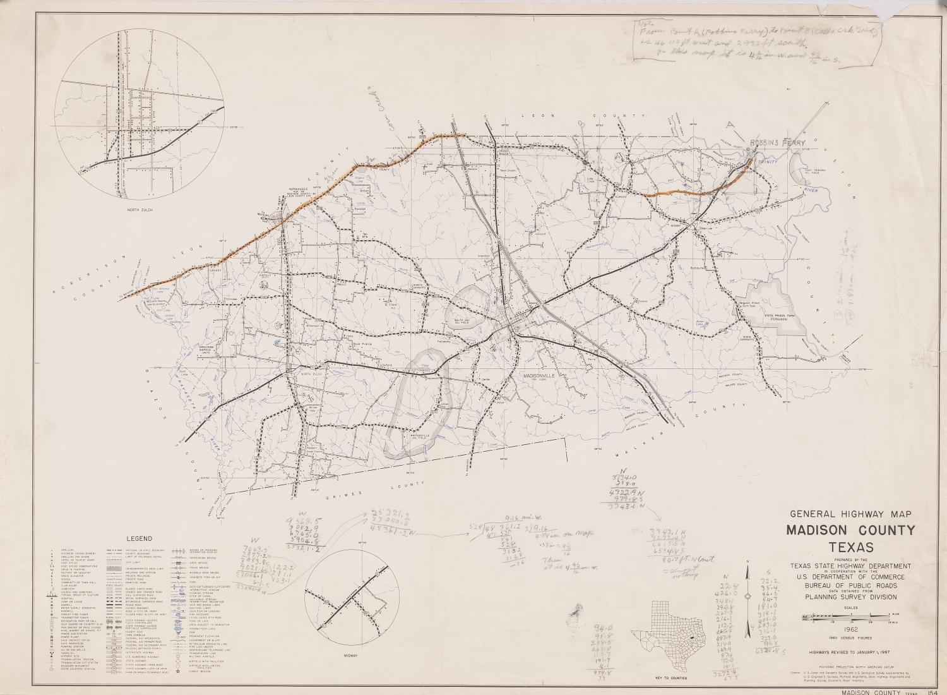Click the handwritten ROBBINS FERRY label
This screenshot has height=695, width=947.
coord(777,143)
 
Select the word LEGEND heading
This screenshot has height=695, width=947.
coord(141,539)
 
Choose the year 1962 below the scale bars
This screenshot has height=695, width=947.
coord(850,629)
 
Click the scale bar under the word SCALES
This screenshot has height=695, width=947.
coord(849,615)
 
